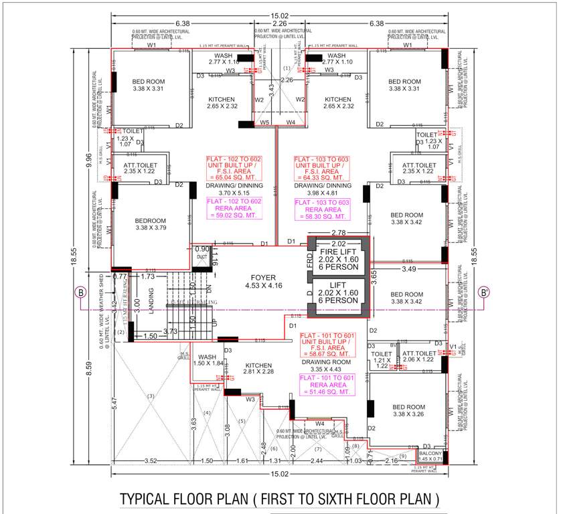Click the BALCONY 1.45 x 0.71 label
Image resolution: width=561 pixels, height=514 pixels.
click(x=429, y=456)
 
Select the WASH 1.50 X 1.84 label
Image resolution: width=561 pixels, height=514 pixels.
click(x=206, y=359)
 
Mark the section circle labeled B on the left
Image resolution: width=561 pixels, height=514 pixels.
click(x=80, y=292)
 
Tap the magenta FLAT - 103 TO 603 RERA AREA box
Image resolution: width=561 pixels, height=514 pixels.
click(x=321, y=209)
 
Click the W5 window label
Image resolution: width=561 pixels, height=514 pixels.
click(x=264, y=122)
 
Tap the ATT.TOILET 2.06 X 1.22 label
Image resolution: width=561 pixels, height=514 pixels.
click(x=418, y=356)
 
